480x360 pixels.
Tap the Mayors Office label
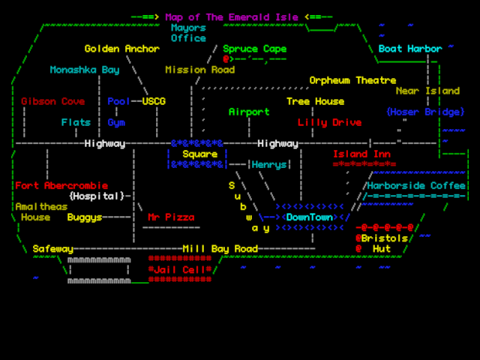(x=188, y=33)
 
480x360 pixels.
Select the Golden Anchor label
(x=121, y=49)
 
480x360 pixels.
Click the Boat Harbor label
(x=409, y=49)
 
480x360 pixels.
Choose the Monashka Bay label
(x=84, y=70)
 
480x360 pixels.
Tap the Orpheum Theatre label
(x=352, y=80)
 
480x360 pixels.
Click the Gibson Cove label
(x=52, y=101)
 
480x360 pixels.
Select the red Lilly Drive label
(x=329, y=122)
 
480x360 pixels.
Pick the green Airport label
(x=248, y=112)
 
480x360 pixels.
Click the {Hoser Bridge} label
(x=424, y=112)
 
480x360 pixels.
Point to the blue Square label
(x=199, y=154)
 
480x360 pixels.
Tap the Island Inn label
(x=361, y=154)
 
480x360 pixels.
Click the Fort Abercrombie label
(x=61, y=185)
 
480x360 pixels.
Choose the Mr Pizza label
(x=171, y=217)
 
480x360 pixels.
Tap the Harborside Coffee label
(x=415, y=185)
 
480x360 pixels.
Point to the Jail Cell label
(x=180, y=269)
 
